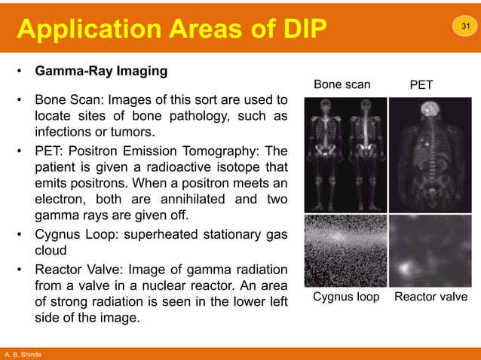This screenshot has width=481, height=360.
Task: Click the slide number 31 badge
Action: pos(464,28)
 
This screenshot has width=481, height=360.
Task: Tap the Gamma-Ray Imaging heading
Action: pos(101,72)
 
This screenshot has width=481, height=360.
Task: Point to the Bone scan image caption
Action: pos(342,84)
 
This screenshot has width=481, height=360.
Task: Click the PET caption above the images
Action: pos(421,85)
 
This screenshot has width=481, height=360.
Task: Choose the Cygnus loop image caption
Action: pos(346,297)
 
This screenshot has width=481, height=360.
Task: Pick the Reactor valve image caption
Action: pos(430,297)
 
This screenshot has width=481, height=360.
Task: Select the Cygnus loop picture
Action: pos(345,250)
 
